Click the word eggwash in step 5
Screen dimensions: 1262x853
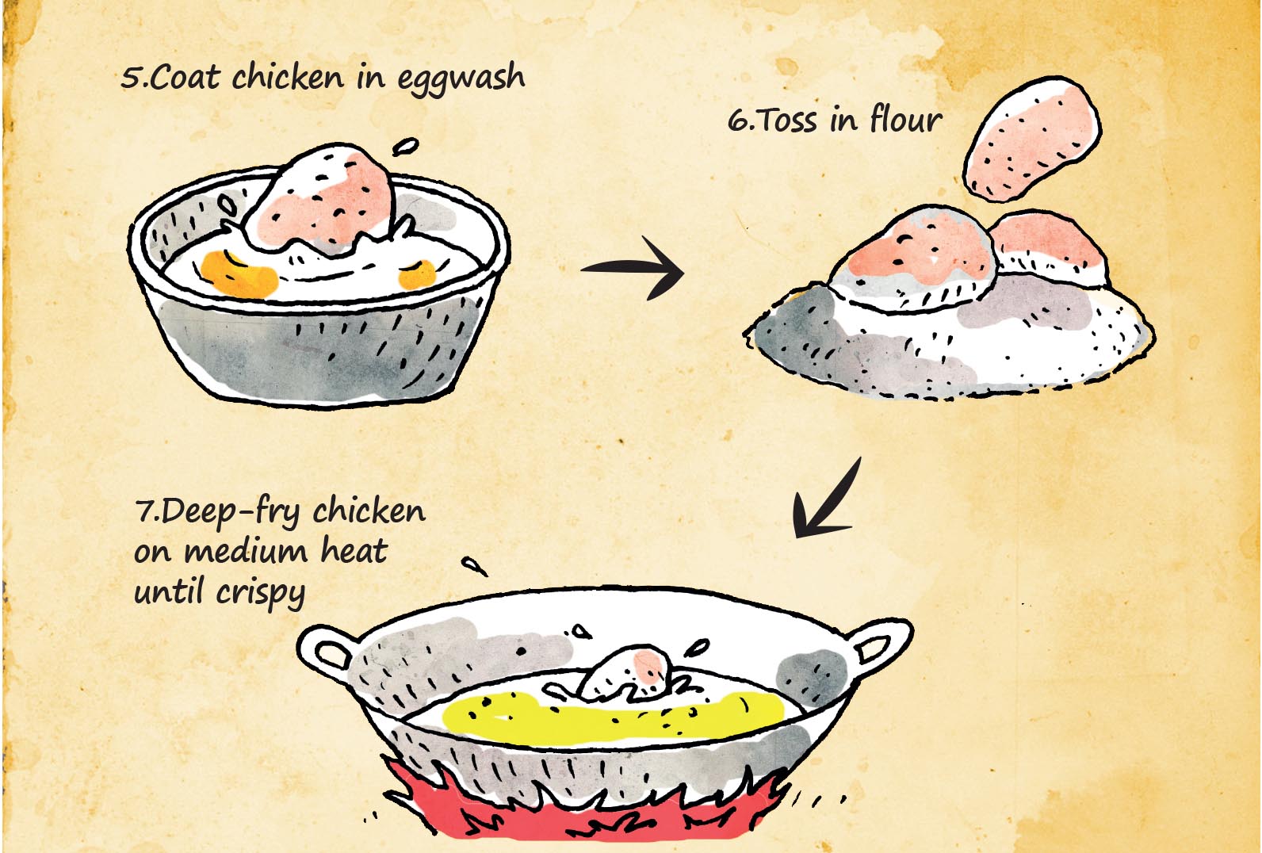(x=461, y=79)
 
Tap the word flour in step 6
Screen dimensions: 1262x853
(x=905, y=119)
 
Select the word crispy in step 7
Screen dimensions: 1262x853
(x=260, y=593)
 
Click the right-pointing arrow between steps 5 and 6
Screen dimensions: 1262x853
(x=632, y=268)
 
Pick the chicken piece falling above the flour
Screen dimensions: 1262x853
(x=1031, y=139)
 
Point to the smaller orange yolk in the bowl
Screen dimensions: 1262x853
(x=417, y=274)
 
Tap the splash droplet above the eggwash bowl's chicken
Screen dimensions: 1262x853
(x=406, y=147)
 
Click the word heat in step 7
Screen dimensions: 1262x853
(x=354, y=549)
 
